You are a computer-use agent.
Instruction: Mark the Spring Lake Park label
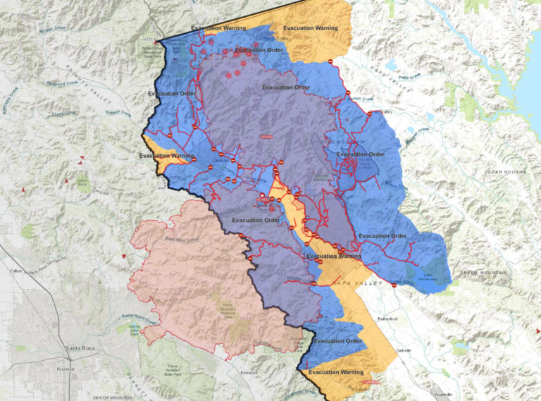(129, 330)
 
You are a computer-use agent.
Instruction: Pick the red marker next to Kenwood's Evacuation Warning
(364, 382)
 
